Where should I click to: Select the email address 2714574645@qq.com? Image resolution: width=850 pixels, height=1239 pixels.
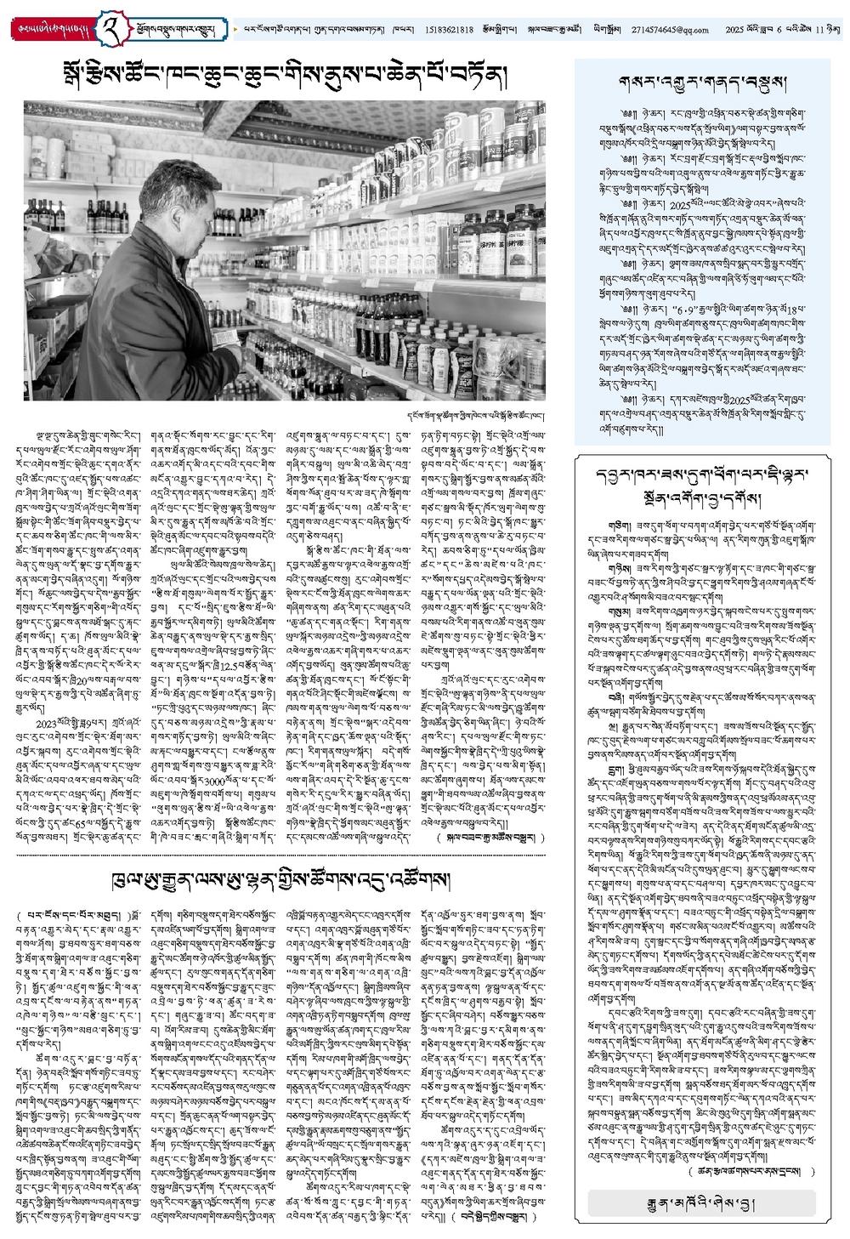pyautogui.click(x=671, y=30)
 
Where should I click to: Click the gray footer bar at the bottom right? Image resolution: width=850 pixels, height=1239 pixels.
pyautogui.click(x=701, y=1202)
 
